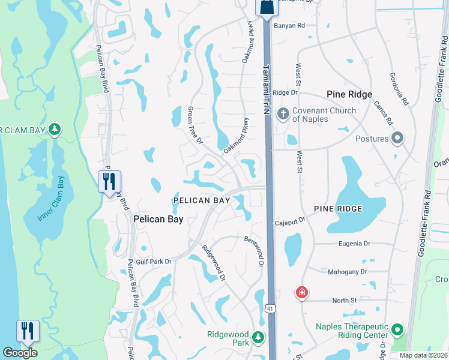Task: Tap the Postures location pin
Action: click(x=397, y=139)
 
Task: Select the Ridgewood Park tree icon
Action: click(x=258, y=338)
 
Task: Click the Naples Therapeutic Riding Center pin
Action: click(x=397, y=330)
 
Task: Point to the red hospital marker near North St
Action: click(x=301, y=293)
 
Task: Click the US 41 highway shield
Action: click(x=271, y=308)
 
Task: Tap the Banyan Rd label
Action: click(x=290, y=26)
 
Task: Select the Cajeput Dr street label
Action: click(x=290, y=221)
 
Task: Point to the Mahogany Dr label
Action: click(x=347, y=272)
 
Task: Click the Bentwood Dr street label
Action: click(x=255, y=247)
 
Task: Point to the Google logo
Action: click(x=20, y=353)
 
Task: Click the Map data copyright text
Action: click(x=423, y=355)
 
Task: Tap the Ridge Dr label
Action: click(x=285, y=92)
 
